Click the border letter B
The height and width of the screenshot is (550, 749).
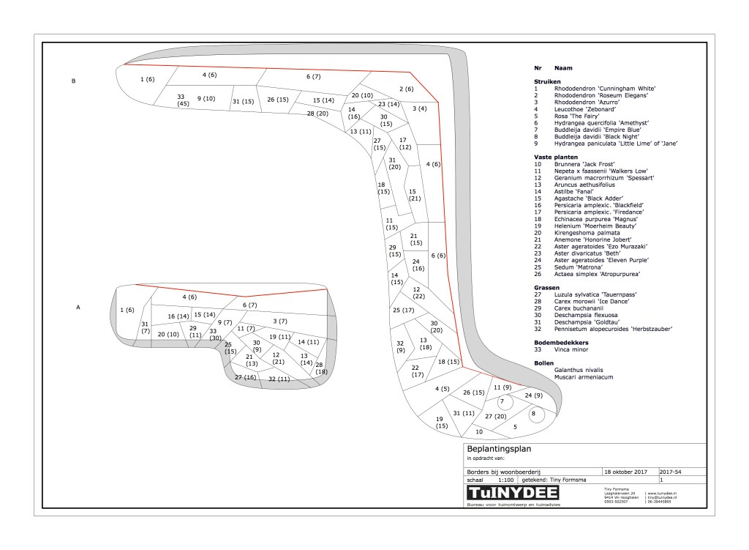click(74, 81)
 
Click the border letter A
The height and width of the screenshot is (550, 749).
click(78, 308)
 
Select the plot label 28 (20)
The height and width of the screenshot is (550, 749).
click(317, 114)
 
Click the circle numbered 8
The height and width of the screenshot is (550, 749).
click(533, 414)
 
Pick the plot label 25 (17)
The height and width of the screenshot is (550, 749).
click(403, 311)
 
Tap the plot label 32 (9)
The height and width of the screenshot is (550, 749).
click(400, 347)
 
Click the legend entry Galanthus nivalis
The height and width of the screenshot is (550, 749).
click(581, 371)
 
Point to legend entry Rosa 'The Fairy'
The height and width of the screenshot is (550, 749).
click(578, 116)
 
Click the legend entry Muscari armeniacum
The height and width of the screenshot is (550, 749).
click(584, 377)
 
